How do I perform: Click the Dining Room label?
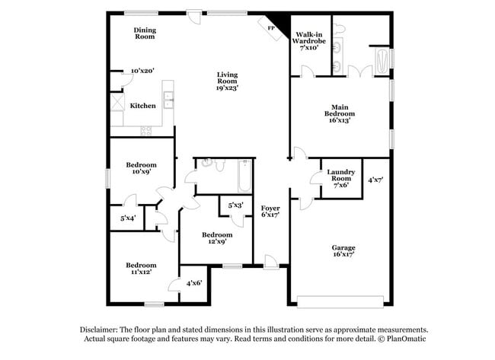point(145,33)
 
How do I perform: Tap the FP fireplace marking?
point(271,27)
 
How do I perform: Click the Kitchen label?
point(142,106)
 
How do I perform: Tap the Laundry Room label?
point(340,177)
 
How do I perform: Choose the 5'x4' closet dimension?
point(128,218)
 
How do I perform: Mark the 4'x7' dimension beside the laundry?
point(375,180)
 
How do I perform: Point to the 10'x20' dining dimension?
point(142,71)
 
